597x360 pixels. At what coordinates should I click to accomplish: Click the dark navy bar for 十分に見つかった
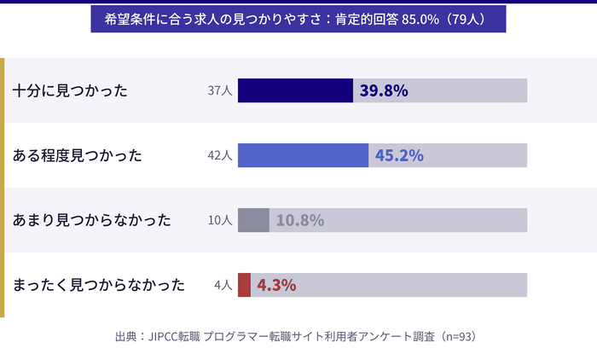pyautogui.click(x=295, y=90)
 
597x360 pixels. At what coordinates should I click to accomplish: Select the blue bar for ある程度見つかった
pyautogui.click(x=303, y=155)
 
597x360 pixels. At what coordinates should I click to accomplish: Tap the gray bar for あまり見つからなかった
pyautogui.click(x=253, y=220)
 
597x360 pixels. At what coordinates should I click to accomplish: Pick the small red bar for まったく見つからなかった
pyautogui.click(x=244, y=285)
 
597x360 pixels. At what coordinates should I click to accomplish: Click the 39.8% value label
pyautogui.click(x=384, y=90)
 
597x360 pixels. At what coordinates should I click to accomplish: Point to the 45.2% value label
pyautogui.click(x=399, y=155)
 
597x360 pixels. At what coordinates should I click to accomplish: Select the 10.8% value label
pyautogui.click(x=299, y=220)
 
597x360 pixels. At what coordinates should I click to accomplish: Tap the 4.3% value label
pyautogui.click(x=276, y=285)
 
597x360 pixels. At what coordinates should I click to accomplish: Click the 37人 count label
pyautogui.click(x=219, y=90)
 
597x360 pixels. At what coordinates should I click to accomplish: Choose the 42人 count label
pyautogui.click(x=219, y=155)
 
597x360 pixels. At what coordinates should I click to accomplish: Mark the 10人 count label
pyautogui.click(x=219, y=220)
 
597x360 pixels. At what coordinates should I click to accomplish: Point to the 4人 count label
pyautogui.click(x=223, y=285)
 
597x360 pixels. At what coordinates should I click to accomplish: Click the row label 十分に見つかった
pyautogui.click(x=70, y=90)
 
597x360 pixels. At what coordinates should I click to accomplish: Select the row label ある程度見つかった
pyautogui.click(x=78, y=155)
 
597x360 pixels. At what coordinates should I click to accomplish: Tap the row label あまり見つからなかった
pyautogui.click(x=92, y=220)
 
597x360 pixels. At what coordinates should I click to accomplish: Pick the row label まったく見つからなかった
pyautogui.click(x=99, y=285)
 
